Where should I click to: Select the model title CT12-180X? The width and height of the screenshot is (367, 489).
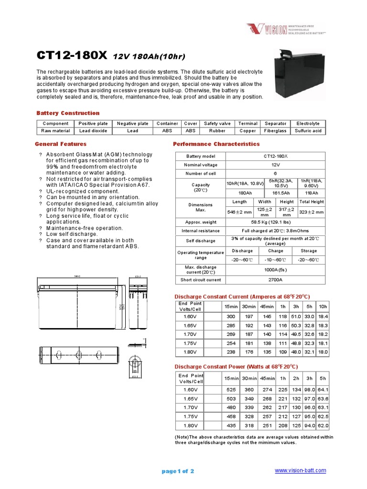coord(72,56)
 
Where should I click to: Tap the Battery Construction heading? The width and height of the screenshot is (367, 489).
coord(68,113)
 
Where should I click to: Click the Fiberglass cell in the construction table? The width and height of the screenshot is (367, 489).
coord(275,131)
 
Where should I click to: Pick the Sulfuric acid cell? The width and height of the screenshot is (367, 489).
coord(308,131)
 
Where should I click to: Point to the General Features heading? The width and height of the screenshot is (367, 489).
coord(61,144)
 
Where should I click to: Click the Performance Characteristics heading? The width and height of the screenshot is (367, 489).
coord(216,144)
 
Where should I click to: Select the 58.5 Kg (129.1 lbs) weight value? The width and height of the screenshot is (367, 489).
coord(275,222)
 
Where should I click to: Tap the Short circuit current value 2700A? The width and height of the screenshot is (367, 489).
coord(275,280)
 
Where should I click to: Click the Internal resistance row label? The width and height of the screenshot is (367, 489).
coord(201,231)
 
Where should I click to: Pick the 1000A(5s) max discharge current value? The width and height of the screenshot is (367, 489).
coord(275,270)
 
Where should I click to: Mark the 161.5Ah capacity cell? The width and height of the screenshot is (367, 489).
coord(280,193)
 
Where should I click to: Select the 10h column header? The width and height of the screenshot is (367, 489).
coord(323,306)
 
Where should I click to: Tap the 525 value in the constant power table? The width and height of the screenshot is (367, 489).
coord(231,389)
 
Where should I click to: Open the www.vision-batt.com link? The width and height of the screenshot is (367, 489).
coord(301,470)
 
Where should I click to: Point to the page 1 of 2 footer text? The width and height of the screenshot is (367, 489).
coord(178,471)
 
